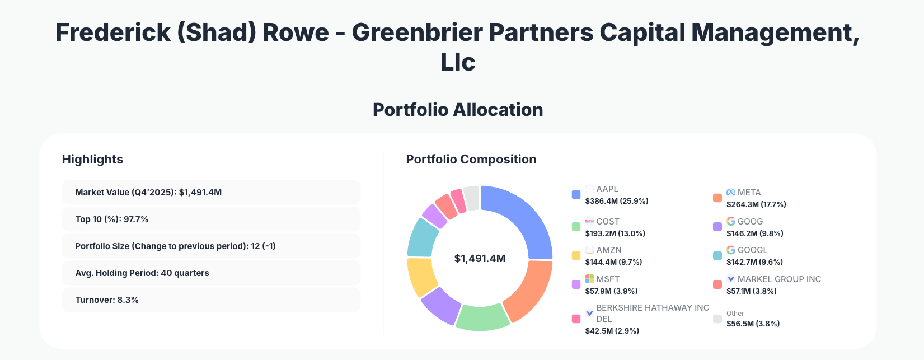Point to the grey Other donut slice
472,198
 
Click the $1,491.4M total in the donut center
480,259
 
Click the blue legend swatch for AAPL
576,195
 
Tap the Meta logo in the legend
730,192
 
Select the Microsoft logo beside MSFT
589,279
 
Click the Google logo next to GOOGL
730,250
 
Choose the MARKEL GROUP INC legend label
779,279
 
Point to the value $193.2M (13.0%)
615,233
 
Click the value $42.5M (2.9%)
612,331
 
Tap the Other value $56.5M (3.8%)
753,324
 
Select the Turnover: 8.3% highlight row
211,300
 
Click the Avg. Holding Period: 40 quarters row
211,273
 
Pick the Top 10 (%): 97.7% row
211,219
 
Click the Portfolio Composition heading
471,160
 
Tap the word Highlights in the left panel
92,160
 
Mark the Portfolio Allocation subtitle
458,110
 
